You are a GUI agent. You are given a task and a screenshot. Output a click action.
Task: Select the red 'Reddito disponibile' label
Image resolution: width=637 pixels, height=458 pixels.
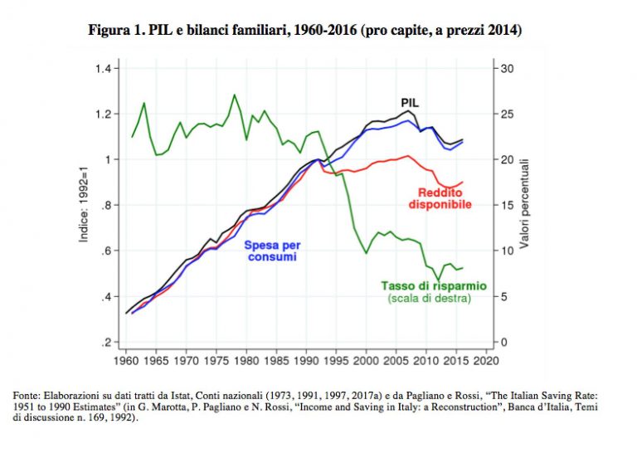click(x=440, y=198)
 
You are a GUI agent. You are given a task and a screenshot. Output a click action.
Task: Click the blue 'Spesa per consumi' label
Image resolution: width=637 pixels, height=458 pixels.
click(x=271, y=251)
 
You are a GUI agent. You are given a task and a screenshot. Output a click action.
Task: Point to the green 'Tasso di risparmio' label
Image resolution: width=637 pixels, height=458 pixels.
click(x=434, y=285)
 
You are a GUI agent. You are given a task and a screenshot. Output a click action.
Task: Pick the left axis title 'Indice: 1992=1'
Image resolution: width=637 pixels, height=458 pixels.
click(x=84, y=205)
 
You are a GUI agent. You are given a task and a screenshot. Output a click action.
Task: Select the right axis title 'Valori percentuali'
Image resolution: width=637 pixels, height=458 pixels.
click(x=525, y=205)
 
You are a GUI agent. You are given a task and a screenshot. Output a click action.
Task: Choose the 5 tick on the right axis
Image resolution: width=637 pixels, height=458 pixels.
click(x=503, y=297)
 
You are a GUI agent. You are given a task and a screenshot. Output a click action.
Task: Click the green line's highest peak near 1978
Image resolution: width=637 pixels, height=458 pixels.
click(x=234, y=95)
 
